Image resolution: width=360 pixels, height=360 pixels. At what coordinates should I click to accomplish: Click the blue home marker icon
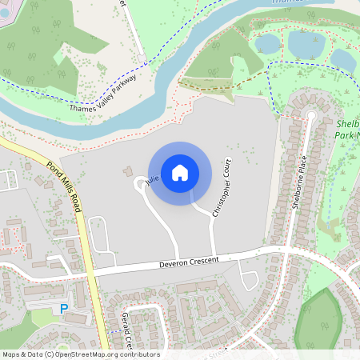click(x=179, y=171)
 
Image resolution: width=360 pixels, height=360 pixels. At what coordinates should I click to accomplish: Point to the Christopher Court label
click(x=222, y=187)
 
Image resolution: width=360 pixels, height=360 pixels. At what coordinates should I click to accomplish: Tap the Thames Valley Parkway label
click(x=103, y=94)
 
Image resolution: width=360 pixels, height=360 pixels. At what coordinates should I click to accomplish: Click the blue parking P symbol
click(x=63, y=309)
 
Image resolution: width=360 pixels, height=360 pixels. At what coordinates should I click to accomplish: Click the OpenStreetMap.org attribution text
click(x=80, y=354)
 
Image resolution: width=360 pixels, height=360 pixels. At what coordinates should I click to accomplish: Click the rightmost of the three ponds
click(x=343, y=58)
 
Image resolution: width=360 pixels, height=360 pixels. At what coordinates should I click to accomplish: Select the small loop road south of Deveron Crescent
click(x=249, y=281)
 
